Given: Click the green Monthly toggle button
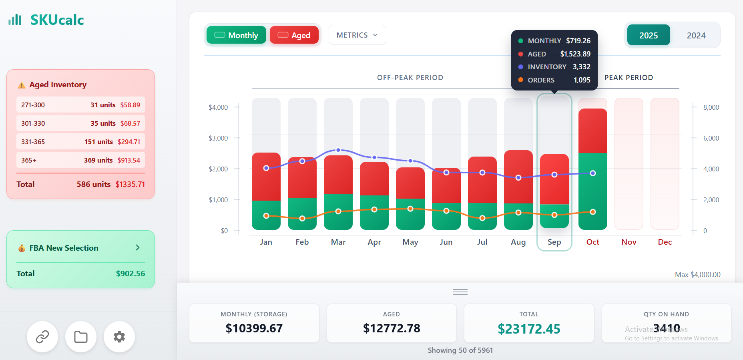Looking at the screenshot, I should click(236, 35).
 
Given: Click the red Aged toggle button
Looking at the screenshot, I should click(294, 35).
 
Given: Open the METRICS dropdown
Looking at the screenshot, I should click(357, 35).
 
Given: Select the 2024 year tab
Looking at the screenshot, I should click(696, 36).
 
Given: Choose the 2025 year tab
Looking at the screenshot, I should click(648, 36).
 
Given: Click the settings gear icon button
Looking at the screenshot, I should click(119, 337).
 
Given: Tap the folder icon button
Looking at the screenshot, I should click(81, 337).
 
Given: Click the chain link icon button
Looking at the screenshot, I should click(42, 337).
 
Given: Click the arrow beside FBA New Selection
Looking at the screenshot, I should click(138, 247).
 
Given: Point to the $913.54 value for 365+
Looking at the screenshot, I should click(129, 160).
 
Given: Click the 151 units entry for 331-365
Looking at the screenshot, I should click(98, 142).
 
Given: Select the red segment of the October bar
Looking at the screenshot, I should click(592, 130).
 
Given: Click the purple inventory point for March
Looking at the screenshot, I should click(338, 150).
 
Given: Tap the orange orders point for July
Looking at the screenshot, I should click(482, 218).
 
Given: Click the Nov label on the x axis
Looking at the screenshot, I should click(629, 242).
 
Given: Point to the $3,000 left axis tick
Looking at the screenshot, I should click(218, 138).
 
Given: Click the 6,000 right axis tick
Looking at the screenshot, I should click(711, 138).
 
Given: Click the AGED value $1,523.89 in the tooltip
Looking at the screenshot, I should click(575, 54).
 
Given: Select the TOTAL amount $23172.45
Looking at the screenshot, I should click(529, 329).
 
